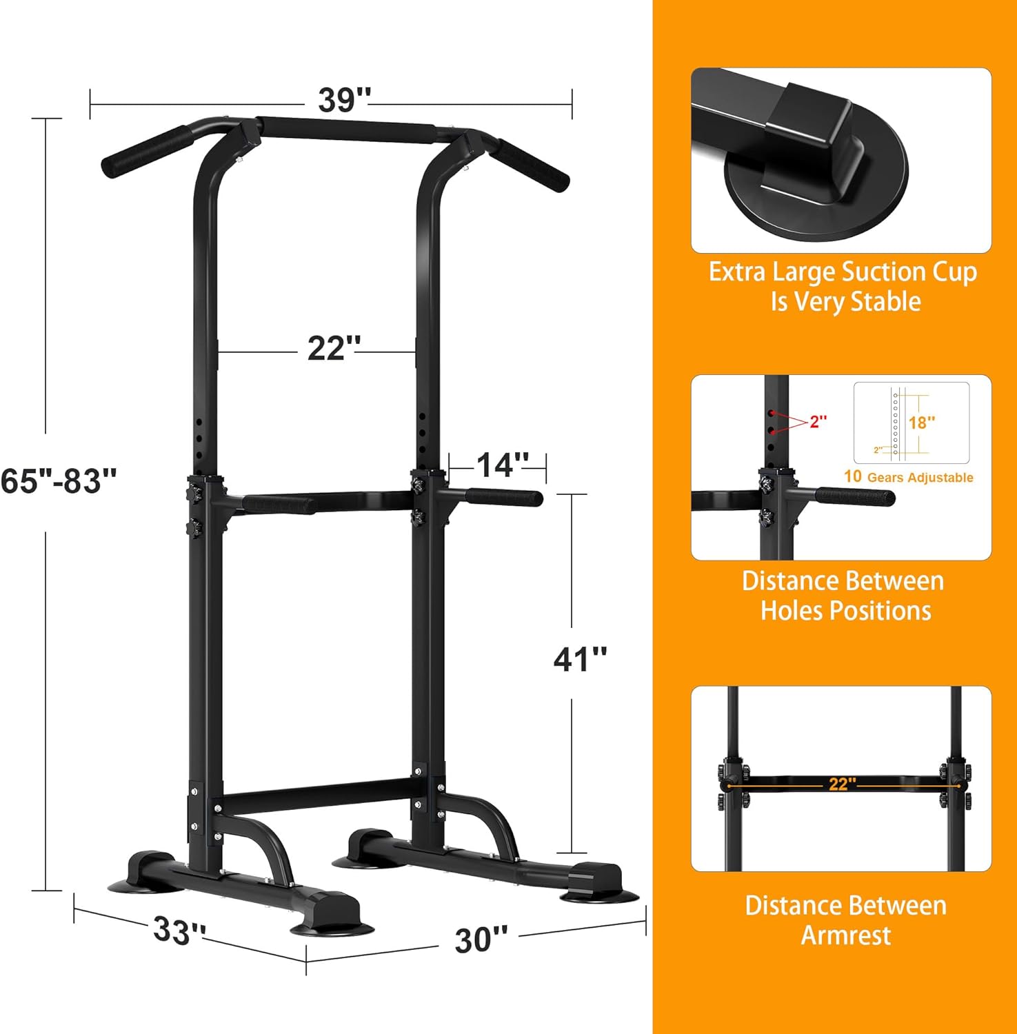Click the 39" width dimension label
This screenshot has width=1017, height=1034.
[344, 101]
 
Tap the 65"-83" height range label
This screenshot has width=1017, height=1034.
[59, 480]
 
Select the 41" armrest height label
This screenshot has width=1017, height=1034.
[580, 659]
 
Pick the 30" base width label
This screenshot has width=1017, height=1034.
[481, 940]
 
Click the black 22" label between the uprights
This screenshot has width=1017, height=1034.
[334, 348]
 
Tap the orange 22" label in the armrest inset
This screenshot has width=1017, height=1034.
[842, 784]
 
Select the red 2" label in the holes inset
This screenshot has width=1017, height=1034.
[818, 421]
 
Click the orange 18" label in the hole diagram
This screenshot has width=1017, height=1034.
[921, 422]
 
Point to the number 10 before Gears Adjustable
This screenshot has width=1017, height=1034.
[853, 476]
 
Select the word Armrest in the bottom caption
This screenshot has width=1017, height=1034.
[846, 935]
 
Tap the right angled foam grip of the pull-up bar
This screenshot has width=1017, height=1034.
[533, 165]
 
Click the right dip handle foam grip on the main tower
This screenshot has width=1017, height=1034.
[503, 497]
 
